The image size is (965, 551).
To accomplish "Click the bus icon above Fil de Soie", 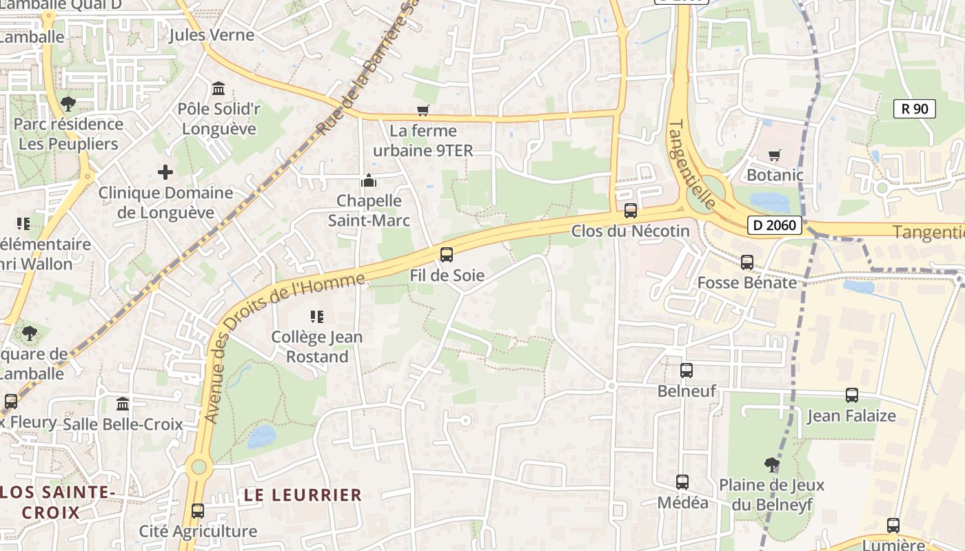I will click(x=447, y=255).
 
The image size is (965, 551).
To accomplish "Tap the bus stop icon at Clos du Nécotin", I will click(x=630, y=211).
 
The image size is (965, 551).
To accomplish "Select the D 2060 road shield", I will click(x=775, y=225).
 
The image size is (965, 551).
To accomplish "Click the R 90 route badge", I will click(x=915, y=108).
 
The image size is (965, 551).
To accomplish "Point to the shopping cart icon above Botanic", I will click(x=775, y=155).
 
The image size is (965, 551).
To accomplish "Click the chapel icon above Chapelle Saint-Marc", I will click(x=369, y=181).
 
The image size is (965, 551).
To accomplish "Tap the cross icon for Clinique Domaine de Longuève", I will click(x=165, y=172).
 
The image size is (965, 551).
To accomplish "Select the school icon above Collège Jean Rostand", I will click(x=317, y=317).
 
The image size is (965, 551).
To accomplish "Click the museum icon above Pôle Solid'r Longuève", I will click(x=219, y=89).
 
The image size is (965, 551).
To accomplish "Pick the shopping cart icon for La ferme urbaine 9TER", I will click(x=423, y=111).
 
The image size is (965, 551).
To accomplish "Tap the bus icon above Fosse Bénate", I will click(x=747, y=262).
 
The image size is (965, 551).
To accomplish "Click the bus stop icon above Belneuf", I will click(x=687, y=371).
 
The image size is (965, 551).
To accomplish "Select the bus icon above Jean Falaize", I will click(x=852, y=395).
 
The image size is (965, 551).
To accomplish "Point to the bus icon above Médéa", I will click(x=682, y=482).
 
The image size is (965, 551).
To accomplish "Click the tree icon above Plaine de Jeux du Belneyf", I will click(x=772, y=465).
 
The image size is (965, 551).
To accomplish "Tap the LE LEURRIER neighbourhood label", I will click(x=303, y=495).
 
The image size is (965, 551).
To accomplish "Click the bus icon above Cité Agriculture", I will click(x=198, y=511).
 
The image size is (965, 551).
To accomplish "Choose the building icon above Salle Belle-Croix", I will click(x=123, y=404).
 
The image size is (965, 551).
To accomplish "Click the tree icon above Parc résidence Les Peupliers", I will click(x=68, y=104).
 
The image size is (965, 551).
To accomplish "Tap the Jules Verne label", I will click(x=211, y=35).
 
